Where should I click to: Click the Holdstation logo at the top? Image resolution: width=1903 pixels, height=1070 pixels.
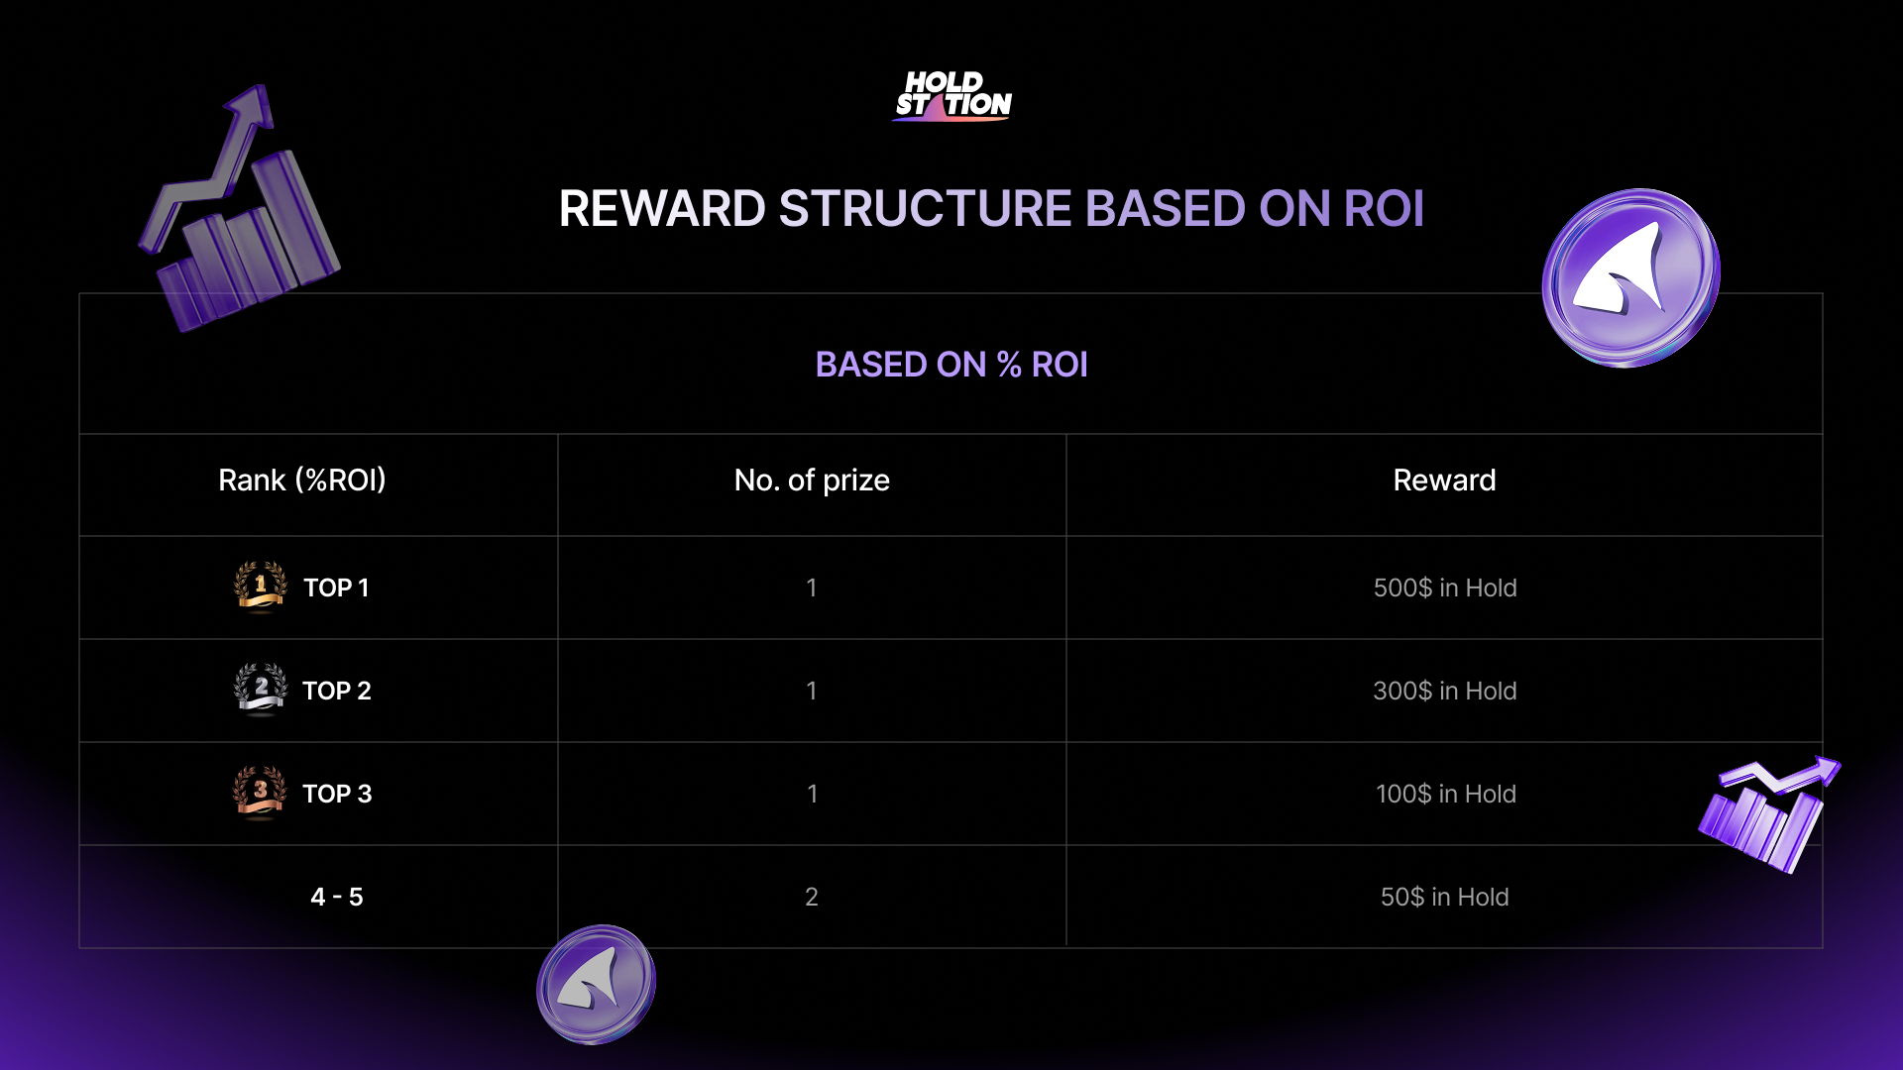(x=952, y=96)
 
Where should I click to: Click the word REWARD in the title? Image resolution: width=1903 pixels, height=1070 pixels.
(x=662, y=209)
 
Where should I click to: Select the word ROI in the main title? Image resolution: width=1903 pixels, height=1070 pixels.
(x=1384, y=209)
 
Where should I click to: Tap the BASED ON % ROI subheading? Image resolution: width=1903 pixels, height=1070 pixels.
(x=951, y=365)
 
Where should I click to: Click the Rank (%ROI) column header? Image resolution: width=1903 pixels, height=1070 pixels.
(x=302, y=481)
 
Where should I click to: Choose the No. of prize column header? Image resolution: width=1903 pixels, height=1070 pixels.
(x=812, y=481)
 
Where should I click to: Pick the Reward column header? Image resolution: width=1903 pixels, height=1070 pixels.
(x=1444, y=481)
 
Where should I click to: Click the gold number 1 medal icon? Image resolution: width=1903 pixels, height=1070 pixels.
(x=261, y=588)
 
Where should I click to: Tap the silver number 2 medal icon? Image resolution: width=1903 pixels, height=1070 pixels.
(x=261, y=690)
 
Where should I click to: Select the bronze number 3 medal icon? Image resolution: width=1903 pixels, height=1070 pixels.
(x=260, y=793)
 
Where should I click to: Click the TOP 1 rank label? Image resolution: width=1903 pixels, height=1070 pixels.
(x=336, y=588)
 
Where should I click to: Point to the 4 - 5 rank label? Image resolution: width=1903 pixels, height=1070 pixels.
(x=337, y=897)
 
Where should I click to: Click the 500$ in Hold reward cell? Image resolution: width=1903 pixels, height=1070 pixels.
(x=1445, y=588)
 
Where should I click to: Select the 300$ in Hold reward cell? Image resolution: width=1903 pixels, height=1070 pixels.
(x=1445, y=691)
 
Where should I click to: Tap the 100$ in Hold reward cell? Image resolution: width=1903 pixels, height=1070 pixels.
(x=1445, y=794)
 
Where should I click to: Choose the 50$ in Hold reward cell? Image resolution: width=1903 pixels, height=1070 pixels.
(x=1445, y=897)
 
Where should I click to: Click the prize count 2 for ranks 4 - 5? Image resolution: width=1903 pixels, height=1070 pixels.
(x=812, y=897)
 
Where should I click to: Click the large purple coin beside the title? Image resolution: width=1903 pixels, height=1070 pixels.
(x=1631, y=277)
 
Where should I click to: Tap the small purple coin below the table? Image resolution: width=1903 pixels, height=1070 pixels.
(x=596, y=984)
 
